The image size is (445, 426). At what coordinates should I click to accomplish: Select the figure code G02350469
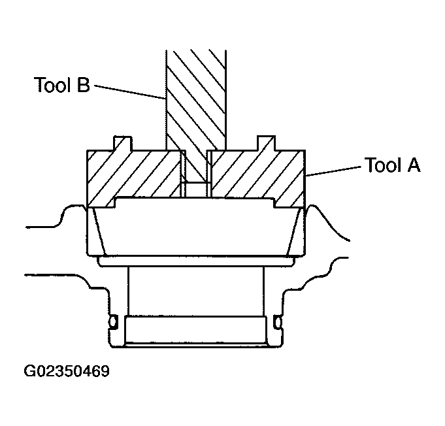[x=67, y=372]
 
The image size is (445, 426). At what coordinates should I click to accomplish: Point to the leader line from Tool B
[x=131, y=92]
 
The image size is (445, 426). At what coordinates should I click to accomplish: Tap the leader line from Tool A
[x=333, y=171]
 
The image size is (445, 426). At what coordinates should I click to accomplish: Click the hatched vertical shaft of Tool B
[x=196, y=98]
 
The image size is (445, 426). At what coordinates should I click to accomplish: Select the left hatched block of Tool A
[x=134, y=173]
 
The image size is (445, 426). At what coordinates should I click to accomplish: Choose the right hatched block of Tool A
[x=255, y=173]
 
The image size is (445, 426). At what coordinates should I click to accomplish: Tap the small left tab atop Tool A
[x=123, y=142]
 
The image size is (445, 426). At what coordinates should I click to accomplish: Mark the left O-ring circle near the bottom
[x=113, y=322]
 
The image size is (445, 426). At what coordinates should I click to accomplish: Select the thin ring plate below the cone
[x=196, y=261]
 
